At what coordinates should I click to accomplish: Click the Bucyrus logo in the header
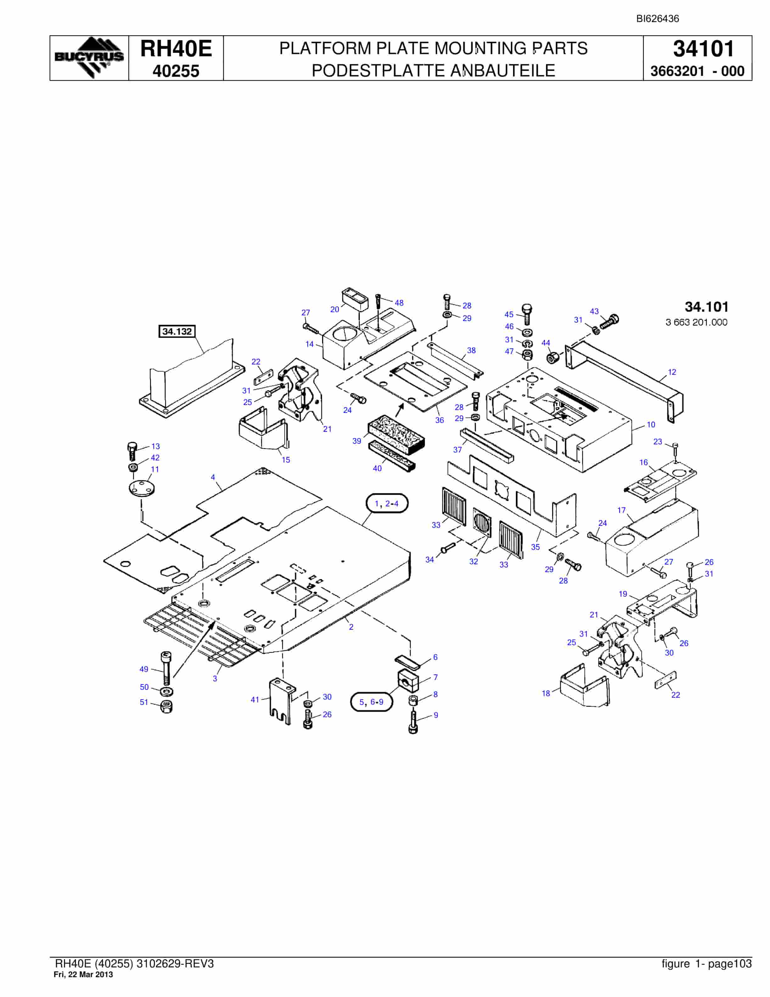tap(89, 58)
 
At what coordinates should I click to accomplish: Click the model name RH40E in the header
tap(176, 48)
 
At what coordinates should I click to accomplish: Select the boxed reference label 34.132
tap(177, 331)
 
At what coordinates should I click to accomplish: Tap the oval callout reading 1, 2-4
tap(387, 504)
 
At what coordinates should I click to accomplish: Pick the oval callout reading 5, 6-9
tap(372, 702)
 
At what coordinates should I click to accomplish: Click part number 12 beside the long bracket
tap(672, 372)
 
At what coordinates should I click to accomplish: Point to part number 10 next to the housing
tap(651, 425)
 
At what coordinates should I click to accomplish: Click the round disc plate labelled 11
tap(142, 487)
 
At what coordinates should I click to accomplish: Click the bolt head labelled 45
tap(527, 309)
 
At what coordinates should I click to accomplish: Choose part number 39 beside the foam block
tap(357, 441)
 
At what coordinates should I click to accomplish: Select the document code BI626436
tap(658, 19)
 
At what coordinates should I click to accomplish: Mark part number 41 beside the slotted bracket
tap(255, 699)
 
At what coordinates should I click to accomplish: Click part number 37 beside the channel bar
tap(458, 450)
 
